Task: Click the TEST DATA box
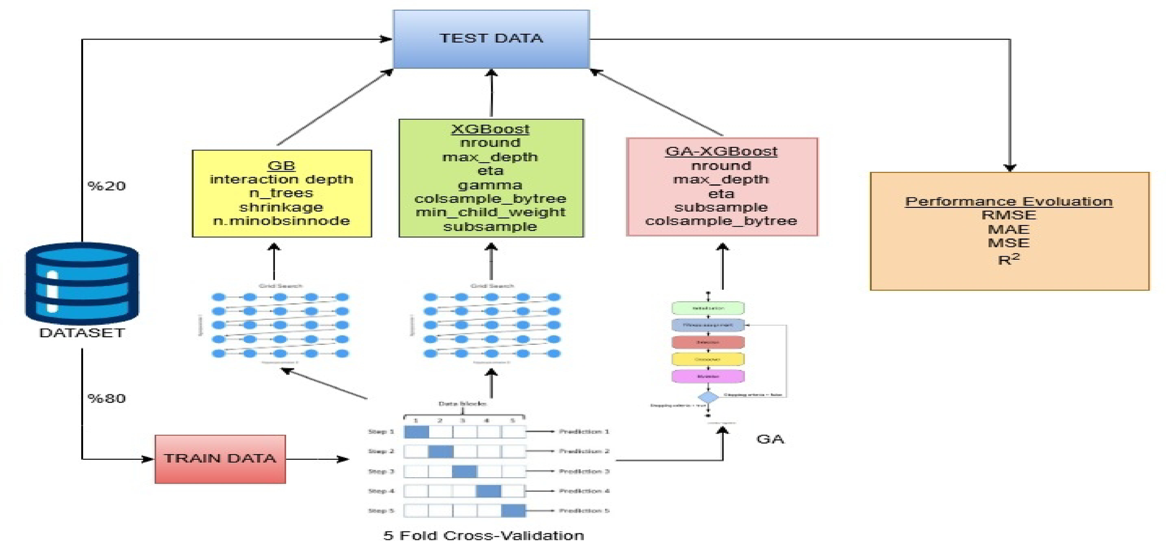tap(491, 39)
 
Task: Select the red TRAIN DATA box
tap(220, 459)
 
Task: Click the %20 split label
tap(106, 186)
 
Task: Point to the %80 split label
tap(106, 399)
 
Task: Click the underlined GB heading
tap(281, 166)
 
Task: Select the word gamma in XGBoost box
tap(490, 185)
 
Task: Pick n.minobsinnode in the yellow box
tap(281, 221)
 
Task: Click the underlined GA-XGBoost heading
tap(721, 151)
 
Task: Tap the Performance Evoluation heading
tap(1009, 201)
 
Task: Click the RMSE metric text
tap(1009, 215)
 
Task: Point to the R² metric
tap(1009, 259)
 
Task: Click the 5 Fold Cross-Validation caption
tap(483, 535)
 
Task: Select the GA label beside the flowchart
tap(770, 439)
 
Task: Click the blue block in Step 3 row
tap(464, 471)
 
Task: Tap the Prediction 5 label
tap(584, 510)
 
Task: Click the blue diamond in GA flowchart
tap(708, 397)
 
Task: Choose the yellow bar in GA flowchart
tap(708, 359)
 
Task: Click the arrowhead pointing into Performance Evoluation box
tap(1010, 167)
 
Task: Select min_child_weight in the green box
tap(490, 212)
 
